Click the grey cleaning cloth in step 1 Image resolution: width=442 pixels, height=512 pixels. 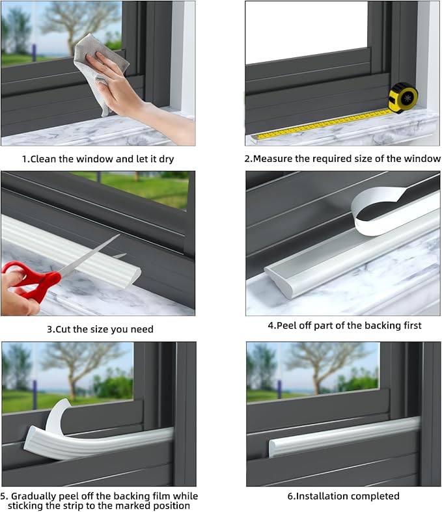(x=98, y=65)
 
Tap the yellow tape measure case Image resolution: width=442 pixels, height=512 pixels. (x=402, y=97)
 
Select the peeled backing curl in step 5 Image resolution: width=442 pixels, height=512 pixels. (x=59, y=420)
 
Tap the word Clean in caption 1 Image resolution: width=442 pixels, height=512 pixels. (x=45, y=159)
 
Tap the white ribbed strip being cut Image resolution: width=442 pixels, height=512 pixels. (x=72, y=247)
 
